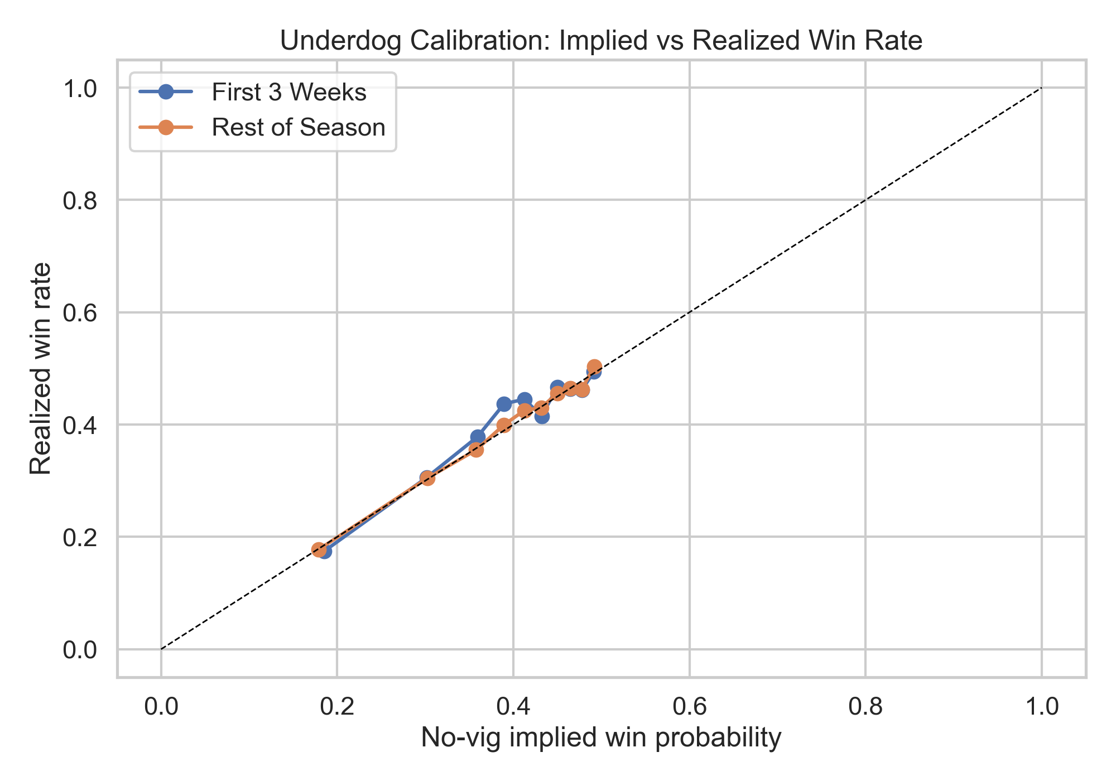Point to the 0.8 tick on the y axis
80,200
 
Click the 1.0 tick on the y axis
80,88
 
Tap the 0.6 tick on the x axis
689,706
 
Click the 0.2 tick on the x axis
336,706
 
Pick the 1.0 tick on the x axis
1041,706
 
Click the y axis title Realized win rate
41,368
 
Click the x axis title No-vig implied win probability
601,737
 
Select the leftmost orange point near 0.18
319,549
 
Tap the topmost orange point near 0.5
594,367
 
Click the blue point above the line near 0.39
504,404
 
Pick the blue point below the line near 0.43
542,416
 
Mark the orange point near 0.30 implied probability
427,478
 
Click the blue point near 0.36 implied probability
478,437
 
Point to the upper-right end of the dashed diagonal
1041,88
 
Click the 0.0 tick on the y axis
80,650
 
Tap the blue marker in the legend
166,92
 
